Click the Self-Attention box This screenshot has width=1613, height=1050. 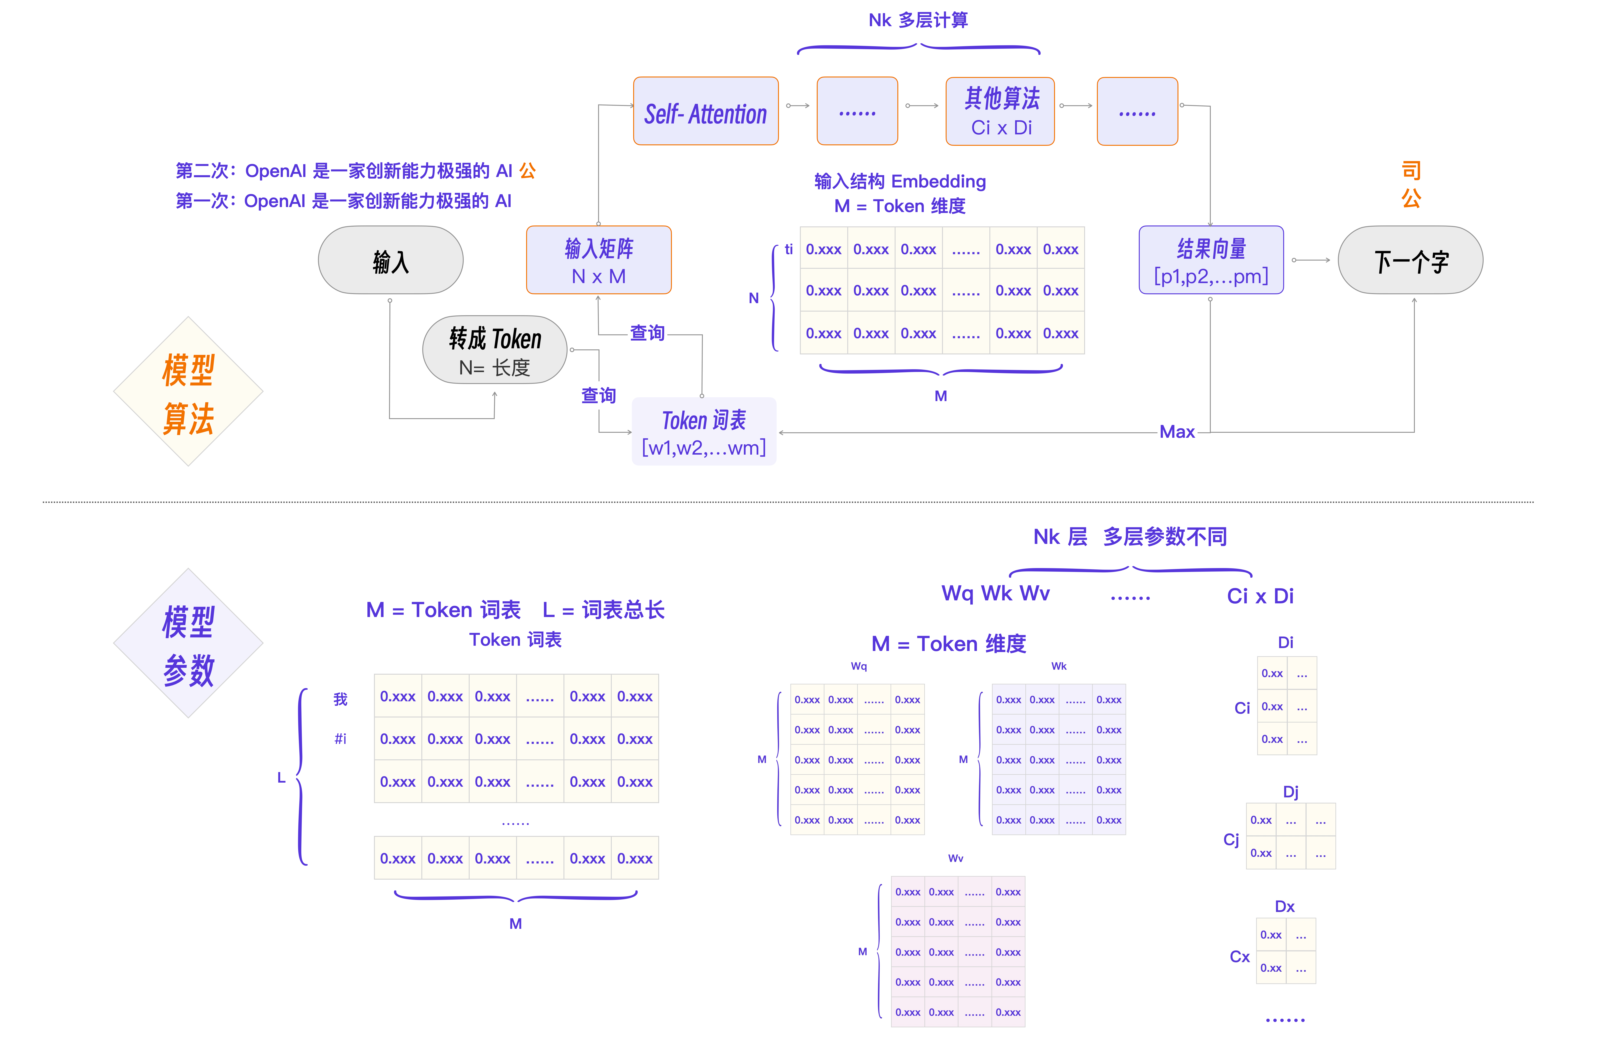[x=706, y=111]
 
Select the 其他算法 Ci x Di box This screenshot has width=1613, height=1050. [x=1000, y=111]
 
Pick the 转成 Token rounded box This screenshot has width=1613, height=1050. [x=495, y=350]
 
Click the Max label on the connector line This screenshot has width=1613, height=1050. [x=1177, y=432]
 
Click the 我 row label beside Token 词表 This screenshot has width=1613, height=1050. [x=340, y=699]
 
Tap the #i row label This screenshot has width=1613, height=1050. [x=340, y=739]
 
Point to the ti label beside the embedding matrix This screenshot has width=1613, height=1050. [x=789, y=249]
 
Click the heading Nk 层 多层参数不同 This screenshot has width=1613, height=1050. [x=1130, y=537]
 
